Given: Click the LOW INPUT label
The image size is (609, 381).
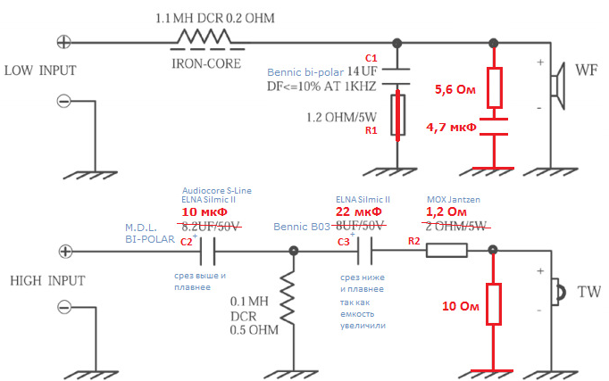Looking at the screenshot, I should [40, 70].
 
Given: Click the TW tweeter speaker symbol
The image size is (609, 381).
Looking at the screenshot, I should [561, 292].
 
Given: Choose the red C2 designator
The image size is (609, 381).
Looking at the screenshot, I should [186, 242].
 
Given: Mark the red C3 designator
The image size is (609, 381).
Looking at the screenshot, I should [343, 242].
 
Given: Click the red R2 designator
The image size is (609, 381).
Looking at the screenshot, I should [413, 241].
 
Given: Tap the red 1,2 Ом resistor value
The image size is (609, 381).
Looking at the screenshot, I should [446, 211].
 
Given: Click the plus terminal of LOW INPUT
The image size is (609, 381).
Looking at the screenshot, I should [64, 41].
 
